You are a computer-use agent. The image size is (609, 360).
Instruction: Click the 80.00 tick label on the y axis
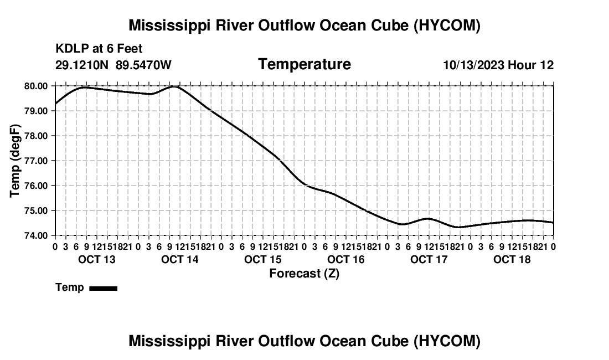click(36, 86)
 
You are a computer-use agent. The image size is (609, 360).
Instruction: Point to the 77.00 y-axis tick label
click(36, 161)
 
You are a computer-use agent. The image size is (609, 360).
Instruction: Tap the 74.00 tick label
click(36, 236)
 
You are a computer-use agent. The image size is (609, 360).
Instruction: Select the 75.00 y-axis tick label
click(36, 211)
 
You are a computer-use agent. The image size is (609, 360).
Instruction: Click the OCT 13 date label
click(97, 259)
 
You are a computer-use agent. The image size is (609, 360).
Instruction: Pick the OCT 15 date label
click(263, 259)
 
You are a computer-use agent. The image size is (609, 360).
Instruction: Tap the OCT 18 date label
click(512, 259)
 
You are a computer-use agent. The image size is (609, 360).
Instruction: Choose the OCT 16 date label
click(346, 259)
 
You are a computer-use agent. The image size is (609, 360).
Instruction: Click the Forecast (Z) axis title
click(304, 274)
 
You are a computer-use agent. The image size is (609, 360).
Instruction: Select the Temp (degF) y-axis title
click(15, 161)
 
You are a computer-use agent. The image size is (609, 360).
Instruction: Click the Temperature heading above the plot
click(304, 64)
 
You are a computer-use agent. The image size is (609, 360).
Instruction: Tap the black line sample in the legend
click(104, 288)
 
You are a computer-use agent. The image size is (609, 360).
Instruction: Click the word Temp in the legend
click(70, 287)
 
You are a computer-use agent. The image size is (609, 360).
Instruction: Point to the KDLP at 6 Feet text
click(99, 49)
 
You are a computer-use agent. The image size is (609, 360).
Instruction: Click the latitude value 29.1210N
click(82, 65)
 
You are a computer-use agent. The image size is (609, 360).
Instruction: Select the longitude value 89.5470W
click(143, 65)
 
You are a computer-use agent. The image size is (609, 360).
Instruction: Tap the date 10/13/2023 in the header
click(474, 65)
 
